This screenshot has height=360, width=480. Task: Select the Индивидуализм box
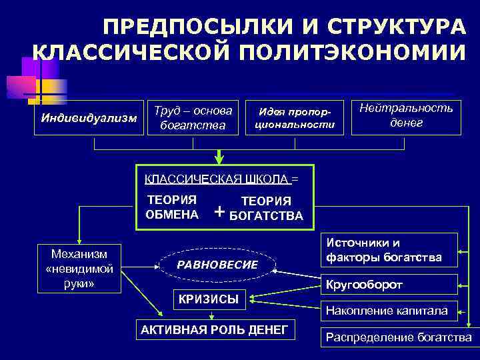(89, 119)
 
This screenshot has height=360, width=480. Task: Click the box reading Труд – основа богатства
(193, 117)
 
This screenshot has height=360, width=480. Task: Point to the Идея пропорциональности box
(296, 117)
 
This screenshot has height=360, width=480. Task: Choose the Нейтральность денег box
(406, 116)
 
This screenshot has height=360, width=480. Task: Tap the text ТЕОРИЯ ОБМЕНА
(172, 207)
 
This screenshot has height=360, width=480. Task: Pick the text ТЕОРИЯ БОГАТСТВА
(265, 208)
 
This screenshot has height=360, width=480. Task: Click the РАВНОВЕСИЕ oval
(217, 265)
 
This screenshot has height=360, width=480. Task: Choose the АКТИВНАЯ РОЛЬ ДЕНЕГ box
(215, 329)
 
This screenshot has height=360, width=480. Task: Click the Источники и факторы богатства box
(389, 249)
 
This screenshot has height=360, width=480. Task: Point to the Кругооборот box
(389, 284)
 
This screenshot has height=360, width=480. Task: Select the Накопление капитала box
(389, 310)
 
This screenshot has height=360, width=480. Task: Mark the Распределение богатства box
(398, 337)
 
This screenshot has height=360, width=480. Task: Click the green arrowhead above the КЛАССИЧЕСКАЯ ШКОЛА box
(219, 158)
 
